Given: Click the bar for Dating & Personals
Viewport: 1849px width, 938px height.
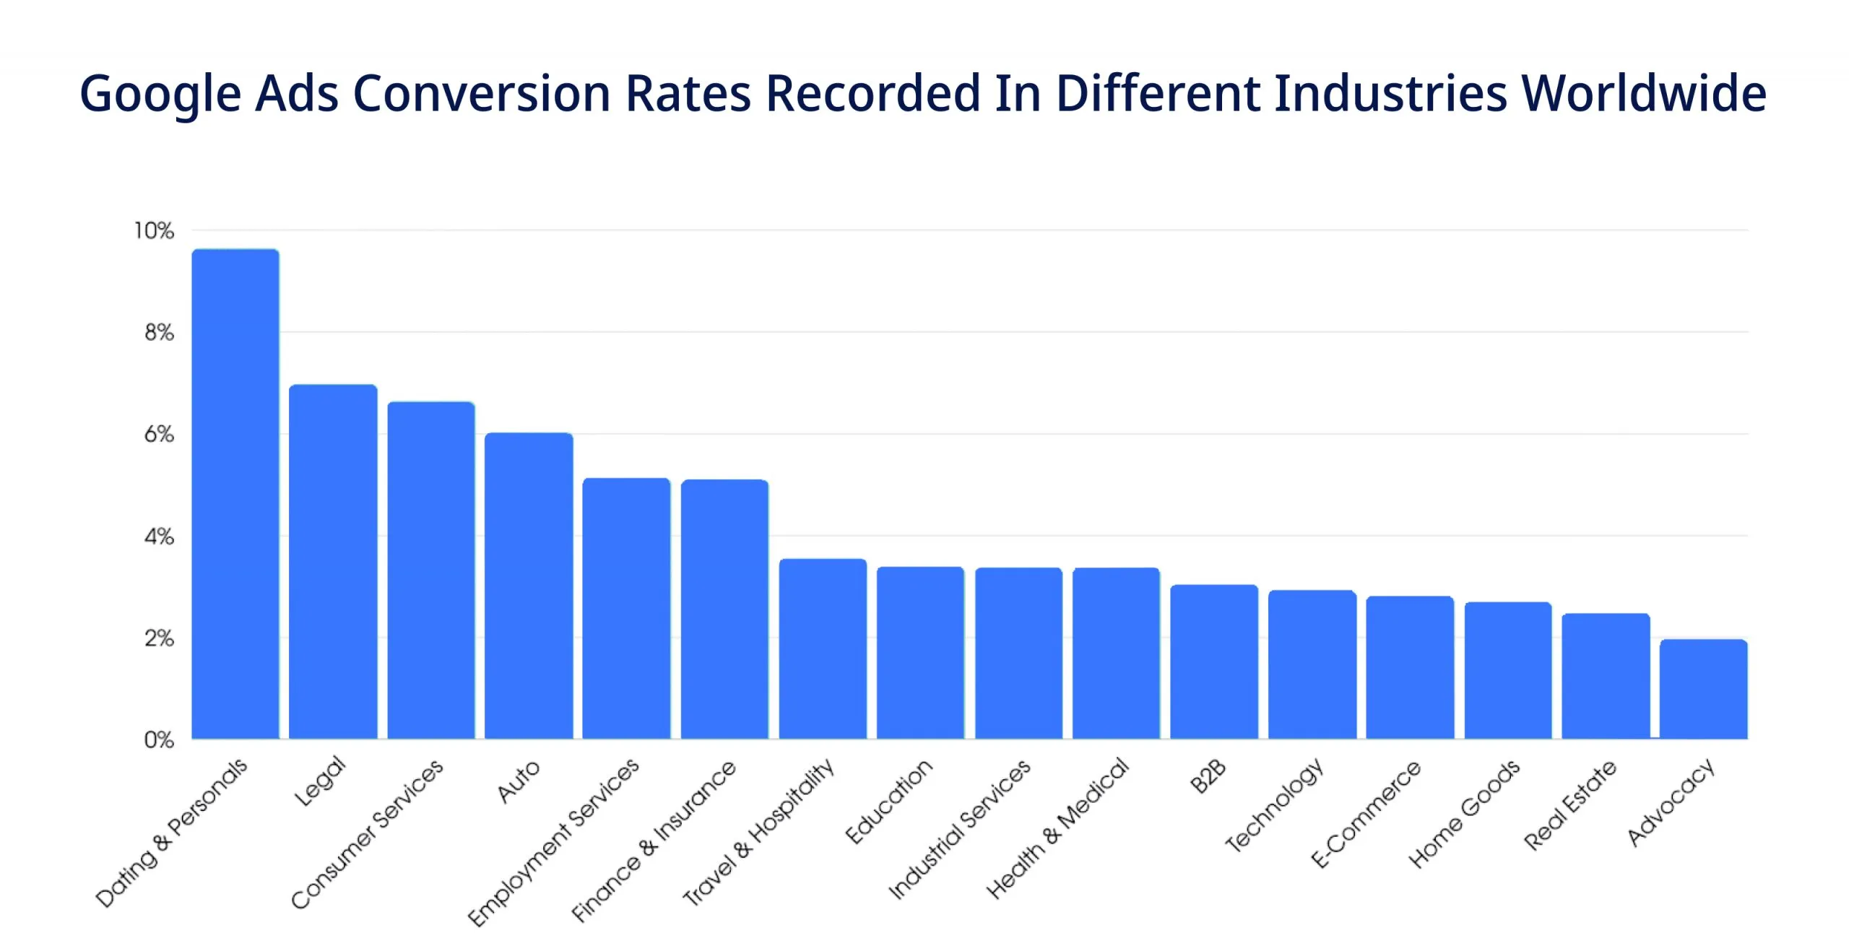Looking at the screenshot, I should point(235,494).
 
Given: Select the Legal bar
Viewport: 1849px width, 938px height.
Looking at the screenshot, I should point(333,562).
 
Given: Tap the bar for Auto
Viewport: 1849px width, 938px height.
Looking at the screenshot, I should point(529,586).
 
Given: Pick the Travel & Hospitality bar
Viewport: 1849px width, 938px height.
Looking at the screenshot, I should point(823,648).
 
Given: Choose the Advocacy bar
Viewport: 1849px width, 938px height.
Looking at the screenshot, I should point(1703,689).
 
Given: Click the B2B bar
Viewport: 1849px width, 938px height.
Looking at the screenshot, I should point(1214,661).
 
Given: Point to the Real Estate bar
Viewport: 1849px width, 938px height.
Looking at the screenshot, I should point(1606,676).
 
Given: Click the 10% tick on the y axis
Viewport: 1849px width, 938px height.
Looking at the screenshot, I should point(154,231).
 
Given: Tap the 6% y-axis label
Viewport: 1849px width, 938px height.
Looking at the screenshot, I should point(159,435).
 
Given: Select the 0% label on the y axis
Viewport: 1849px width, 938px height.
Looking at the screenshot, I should point(159,740).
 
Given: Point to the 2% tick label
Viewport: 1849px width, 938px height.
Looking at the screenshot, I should point(159,638).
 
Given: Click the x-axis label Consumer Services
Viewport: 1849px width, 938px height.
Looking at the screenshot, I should point(367,834).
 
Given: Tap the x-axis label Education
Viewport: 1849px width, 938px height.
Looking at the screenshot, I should point(888,802).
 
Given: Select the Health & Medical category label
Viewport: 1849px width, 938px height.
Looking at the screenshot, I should point(1057,828).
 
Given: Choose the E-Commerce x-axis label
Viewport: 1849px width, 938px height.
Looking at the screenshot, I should point(1365,814).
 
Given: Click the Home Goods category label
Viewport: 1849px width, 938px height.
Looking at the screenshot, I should point(1464,814).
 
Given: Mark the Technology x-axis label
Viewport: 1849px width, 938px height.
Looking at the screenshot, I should point(1275,804).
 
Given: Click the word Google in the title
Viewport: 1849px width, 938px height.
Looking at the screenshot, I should point(160,94).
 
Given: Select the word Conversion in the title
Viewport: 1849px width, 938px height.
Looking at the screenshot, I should point(482,94).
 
